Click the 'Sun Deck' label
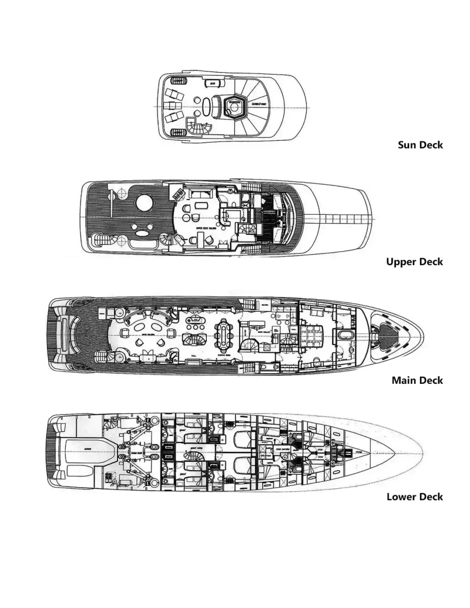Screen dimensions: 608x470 click(x=420, y=145)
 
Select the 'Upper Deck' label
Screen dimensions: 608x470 click(x=414, y=262)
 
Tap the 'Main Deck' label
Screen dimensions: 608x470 click(x=417, y=380)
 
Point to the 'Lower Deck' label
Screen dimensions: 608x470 click(x=414, y=497)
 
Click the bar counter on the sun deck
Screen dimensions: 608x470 click(x=212, y=84)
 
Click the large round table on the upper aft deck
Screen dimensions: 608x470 click(x=145, y=204)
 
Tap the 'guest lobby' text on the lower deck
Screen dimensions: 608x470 click(x=195, y=447)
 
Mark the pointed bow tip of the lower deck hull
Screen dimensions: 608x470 click(x=419, y=452)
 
